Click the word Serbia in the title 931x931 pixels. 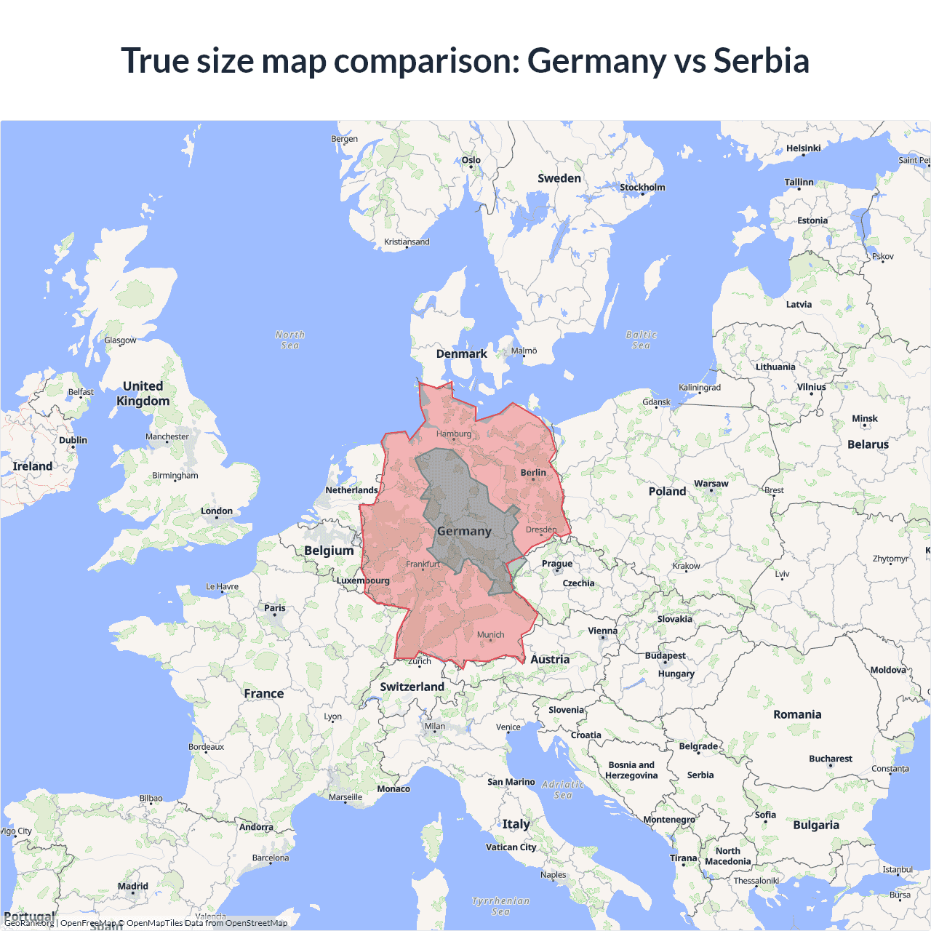point(761,60)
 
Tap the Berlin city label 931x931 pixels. point(533,473)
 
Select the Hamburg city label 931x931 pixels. point(454,434)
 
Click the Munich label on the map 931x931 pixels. point(491,635)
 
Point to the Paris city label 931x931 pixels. point(275,608)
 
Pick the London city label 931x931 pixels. point(217,511)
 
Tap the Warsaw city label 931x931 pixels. point(711,484)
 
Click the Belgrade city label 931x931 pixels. point(698,746)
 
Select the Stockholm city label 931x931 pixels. point(642,188)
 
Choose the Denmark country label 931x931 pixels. point(462,354)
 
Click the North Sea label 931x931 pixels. point(290,340)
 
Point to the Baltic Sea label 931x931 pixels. point(641,340)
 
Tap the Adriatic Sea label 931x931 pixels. point(564,789)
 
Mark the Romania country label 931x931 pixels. point(797,715)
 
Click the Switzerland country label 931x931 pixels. point(412,687)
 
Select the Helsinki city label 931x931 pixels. point(803,148)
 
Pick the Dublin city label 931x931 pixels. point(73,440)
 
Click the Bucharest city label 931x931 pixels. point(831,759)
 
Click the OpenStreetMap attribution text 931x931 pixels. point(256,923)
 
